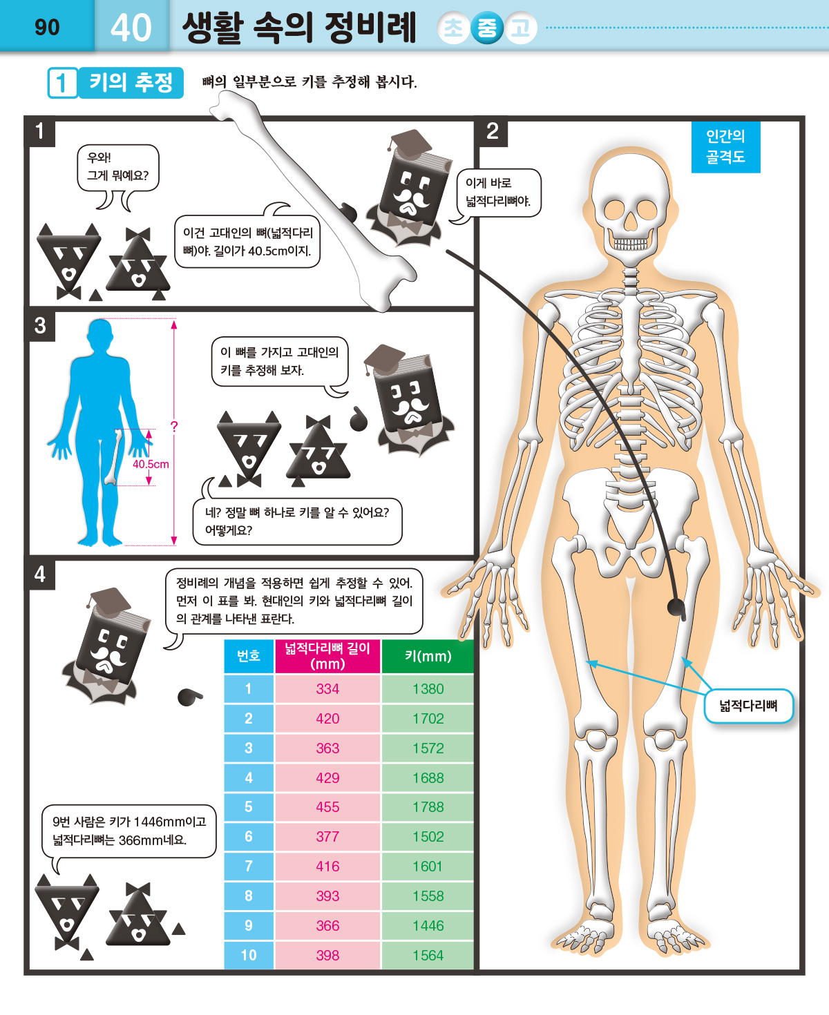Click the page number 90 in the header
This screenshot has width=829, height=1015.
(47, 27)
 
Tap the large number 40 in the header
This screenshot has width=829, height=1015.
(131, 27)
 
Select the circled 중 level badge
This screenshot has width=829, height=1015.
(486, 28)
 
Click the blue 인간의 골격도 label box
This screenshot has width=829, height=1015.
(725, 147)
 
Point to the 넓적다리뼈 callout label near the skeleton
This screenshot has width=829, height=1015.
(748, 706)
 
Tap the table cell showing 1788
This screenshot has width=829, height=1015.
(428, 807)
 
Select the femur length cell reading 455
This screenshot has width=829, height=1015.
(327, 807)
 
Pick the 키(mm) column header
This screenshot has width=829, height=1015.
(428, 656)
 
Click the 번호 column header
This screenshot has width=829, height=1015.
(249, 656)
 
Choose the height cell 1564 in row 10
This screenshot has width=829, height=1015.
(428, 955)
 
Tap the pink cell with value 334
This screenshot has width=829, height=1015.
(327, 688)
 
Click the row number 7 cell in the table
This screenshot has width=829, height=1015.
(249, 867)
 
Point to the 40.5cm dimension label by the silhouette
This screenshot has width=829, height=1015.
(151, 464)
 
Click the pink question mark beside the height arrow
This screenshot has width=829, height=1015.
(174, 427)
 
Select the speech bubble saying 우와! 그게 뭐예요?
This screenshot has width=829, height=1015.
(118, 168)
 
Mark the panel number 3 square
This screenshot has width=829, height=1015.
(40, 326)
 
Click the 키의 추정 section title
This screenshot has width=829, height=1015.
(131, 83)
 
